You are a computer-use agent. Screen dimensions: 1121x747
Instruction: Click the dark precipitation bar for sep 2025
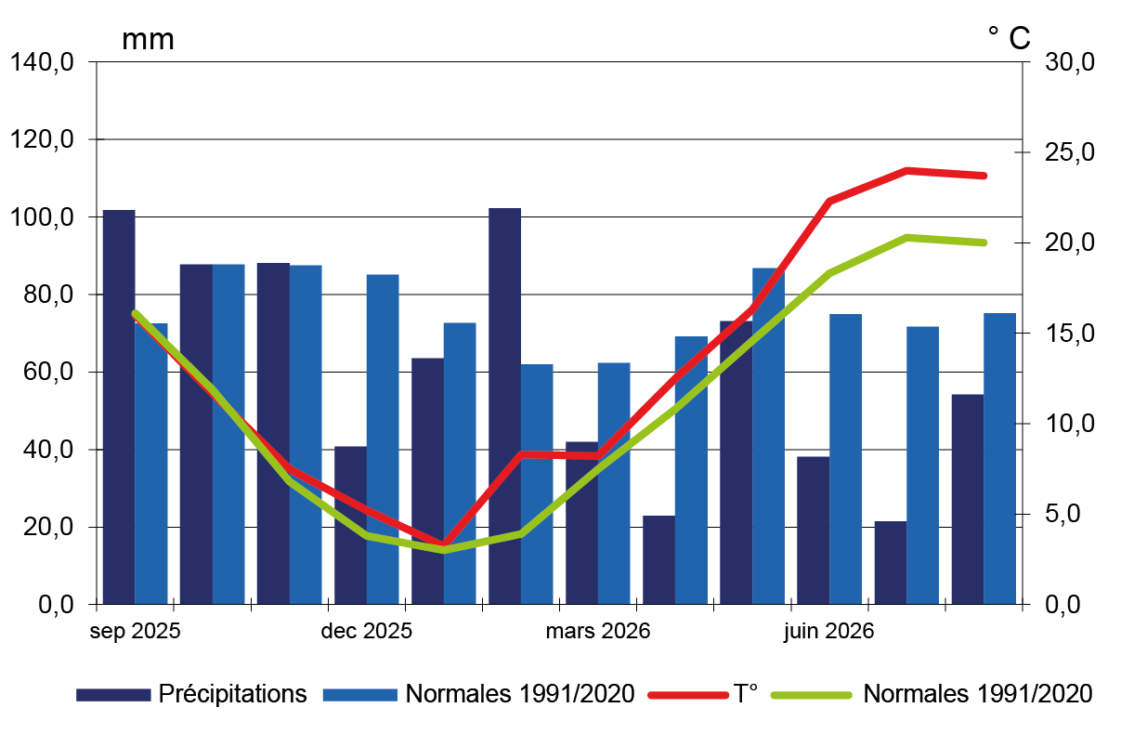click(119, 407)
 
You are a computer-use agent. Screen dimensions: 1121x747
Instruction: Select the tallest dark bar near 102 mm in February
click(505, 406)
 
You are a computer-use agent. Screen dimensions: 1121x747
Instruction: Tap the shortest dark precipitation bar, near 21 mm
click(891, 563)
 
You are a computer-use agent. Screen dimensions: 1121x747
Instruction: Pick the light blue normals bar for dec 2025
click(383, 439)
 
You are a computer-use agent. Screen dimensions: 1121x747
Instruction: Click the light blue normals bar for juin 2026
click(846, 459)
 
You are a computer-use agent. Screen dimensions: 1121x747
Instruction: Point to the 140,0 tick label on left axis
click(42, 62)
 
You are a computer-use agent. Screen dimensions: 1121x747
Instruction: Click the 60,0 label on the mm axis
click(48, 372)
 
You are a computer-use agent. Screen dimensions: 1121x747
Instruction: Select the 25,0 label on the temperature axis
click(1069, 152)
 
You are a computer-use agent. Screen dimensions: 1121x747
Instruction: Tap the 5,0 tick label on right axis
click(1062, 514)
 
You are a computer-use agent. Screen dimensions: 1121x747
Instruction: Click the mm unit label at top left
click(148, 40)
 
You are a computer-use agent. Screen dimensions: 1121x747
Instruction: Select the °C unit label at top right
click(1009, 37)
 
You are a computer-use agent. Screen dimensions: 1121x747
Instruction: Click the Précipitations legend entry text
click(233, 694)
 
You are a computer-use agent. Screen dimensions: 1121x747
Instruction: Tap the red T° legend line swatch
click(688, 695)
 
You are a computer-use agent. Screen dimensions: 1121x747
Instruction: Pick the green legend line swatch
click(811, 695)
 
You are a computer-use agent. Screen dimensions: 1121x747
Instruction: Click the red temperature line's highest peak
click(906, 171)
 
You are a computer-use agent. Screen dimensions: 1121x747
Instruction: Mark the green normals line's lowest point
click(443, 550)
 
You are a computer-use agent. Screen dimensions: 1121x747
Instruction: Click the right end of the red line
click(984, 176)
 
